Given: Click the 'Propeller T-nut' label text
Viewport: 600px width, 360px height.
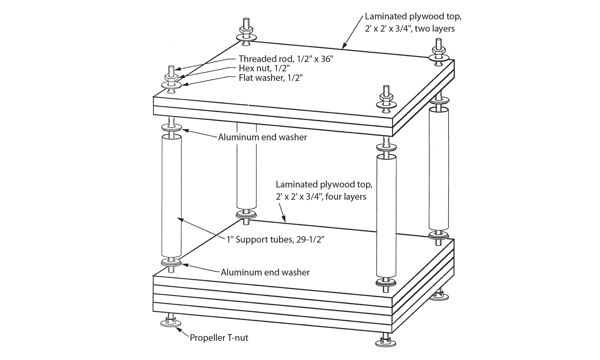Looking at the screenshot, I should coord(219,338).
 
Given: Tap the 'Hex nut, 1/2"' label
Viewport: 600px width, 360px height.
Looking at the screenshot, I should coord(264,68).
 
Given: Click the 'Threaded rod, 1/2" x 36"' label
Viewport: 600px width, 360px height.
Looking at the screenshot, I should coord(286,58).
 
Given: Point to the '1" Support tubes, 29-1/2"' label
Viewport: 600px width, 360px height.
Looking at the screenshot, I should coord(275,239).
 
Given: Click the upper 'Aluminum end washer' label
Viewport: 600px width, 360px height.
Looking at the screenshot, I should coord(262,137).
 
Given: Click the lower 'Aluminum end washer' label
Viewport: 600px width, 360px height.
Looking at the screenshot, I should coord(265,272).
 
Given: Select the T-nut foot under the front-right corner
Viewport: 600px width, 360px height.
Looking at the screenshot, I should coord(386,342).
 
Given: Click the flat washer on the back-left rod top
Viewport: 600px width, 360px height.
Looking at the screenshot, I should coord(246,37).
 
